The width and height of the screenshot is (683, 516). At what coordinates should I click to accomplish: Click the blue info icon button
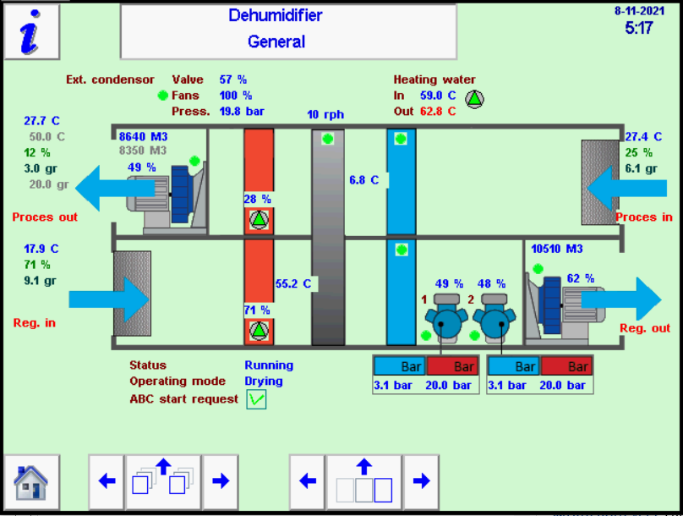pos(31,31)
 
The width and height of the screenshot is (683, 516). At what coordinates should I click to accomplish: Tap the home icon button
pos(31,481)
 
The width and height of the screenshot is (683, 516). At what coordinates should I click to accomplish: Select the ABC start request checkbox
pos(256,399)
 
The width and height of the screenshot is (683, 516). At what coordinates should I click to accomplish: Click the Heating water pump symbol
pos(475,99)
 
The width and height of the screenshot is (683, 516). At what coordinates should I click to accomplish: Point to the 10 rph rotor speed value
pos(325,114)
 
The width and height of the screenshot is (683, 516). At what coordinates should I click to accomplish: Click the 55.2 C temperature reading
pos(294,283)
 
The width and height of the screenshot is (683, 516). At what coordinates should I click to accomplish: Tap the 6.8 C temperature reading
pos(365,179)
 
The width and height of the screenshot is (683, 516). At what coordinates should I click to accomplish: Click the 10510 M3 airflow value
pos(556,249)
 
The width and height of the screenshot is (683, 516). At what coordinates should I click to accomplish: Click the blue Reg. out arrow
pos(626,299)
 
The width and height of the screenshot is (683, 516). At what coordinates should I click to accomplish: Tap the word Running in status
pos(269,365)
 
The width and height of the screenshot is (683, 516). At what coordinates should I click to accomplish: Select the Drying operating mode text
pos(264,382)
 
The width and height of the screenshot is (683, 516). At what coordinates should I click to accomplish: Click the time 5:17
pos(638,28)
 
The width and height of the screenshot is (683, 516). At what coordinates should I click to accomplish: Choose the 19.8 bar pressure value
pos(241,111)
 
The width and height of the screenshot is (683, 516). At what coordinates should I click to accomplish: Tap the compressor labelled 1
pos(445,321)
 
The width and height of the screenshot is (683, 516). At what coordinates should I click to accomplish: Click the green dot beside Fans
pos(162,96)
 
